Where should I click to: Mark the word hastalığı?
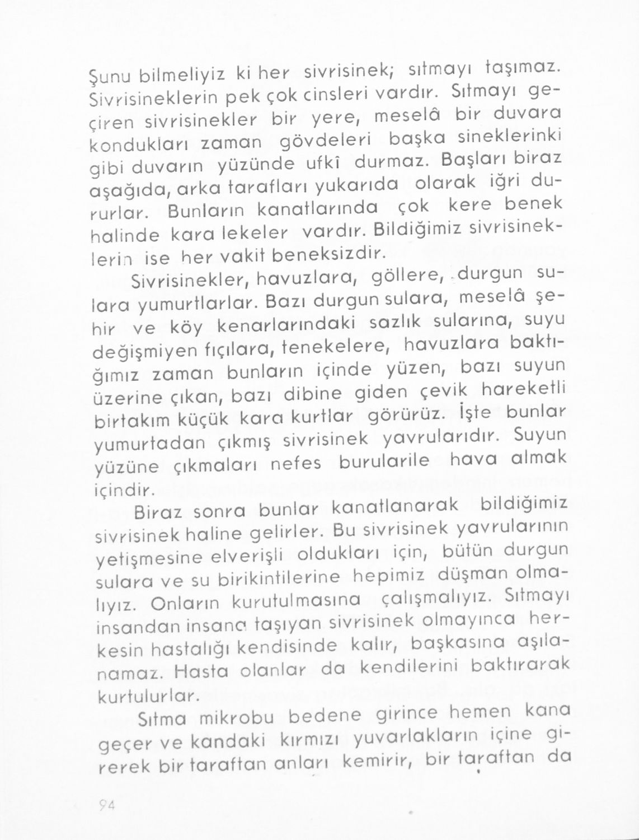190,650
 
